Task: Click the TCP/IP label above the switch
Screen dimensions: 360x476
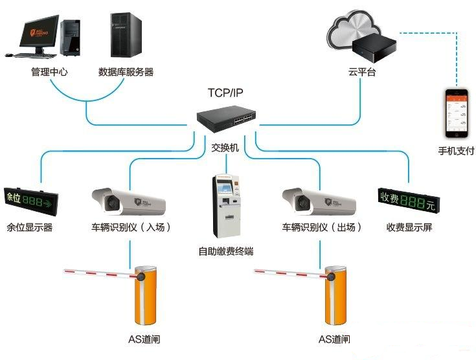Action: [225, 93]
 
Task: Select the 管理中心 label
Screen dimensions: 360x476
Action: [49, 72]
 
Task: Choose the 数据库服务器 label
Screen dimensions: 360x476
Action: [126, 72]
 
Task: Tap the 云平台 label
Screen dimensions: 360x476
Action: [361, 73]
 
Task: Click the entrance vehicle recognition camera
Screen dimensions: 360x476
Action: [129, 201]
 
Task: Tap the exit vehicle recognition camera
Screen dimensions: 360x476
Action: [319, 201]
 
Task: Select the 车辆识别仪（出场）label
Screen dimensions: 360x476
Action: [321, 227]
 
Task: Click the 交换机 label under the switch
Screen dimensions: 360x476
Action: [225, 148]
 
